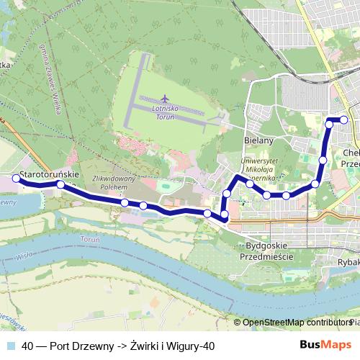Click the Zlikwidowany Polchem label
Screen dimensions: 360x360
point(110,181)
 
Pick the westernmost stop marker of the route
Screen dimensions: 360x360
point(17,178)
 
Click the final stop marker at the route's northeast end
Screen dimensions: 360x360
point(344,120)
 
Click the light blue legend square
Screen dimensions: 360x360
point(10,346)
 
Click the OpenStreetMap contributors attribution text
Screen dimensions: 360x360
point(296,323)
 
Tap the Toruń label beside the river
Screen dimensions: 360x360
point(90,238)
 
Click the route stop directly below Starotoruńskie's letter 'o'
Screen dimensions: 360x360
point(60,185)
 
